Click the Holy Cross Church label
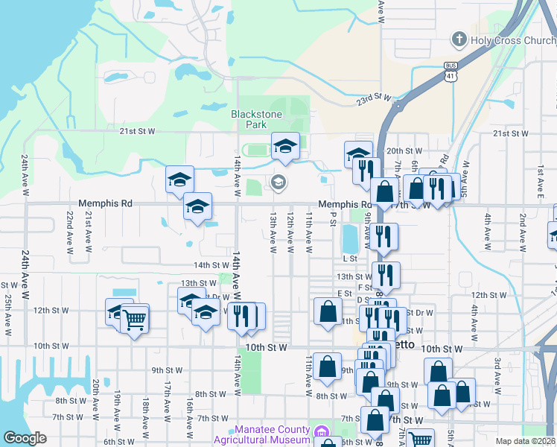(514, 40)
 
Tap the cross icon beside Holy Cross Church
(459, 39)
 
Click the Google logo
(25, 438)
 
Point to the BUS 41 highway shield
(450, 71)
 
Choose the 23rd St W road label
(373, 97)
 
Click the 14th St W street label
(211, 264)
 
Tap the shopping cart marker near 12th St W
(135, 319)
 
